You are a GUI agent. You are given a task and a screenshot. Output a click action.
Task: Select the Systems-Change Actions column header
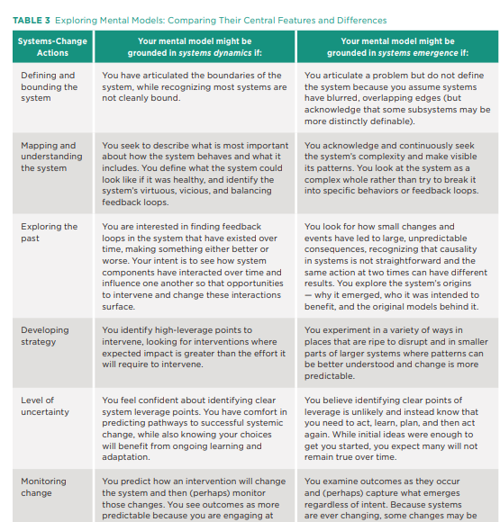52,47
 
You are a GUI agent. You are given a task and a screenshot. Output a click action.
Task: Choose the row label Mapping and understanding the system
50,157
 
